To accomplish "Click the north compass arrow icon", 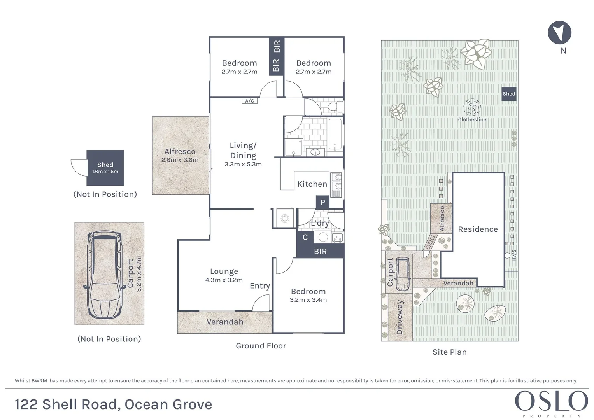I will (559, 32).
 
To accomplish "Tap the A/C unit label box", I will (249, 101).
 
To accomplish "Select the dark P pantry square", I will (322, 202).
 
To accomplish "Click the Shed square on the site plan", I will (508, 94).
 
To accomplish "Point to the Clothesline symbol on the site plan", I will (472, 107).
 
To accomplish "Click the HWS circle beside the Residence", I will (507, 255).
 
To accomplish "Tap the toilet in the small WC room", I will (335, 107).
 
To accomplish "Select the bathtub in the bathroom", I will (335, 135).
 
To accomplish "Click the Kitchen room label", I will (312, 184).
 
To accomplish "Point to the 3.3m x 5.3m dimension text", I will (243, 164).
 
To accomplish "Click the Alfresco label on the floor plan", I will (180, 151).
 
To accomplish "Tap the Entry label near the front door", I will (259, 286).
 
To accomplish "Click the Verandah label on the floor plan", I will (225, 322).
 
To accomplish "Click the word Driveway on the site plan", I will (400, 317).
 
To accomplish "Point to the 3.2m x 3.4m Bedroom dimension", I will (308, 300).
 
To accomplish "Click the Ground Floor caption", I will (261, 346).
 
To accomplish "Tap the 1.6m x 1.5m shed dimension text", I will (105, 171).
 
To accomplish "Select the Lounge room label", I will (224, 271).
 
